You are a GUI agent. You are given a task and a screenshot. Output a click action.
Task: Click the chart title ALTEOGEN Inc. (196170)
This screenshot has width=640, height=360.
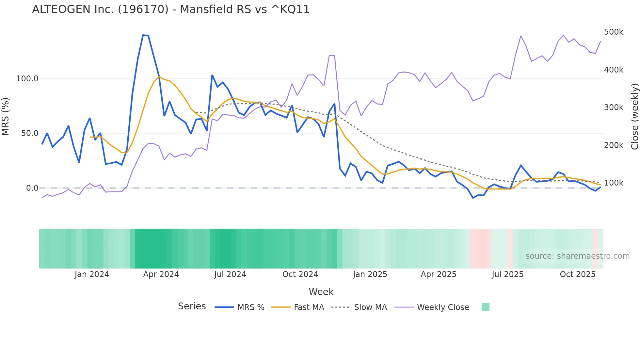[x=170, y=9]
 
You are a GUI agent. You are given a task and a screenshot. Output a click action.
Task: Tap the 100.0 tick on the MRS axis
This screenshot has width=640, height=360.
[x=27, y=79]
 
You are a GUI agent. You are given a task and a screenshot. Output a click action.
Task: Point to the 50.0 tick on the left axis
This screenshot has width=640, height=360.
[x=30, y=133]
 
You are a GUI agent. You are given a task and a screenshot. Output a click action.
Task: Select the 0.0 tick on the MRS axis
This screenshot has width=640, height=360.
[x=32, y=188]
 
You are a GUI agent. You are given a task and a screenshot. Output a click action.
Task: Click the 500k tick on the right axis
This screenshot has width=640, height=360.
[x=614, y=32]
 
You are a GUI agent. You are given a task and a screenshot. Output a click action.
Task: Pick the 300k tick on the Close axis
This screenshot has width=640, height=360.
[x=614, y=107]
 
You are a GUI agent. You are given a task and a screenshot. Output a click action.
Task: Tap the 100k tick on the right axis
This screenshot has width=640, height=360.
[x=614, y=183]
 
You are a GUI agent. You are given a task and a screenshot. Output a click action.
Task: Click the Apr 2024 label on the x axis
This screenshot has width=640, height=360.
[x=161, y=274]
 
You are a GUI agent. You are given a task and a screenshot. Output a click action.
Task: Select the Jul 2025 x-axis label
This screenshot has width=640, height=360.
[x=507, y=274]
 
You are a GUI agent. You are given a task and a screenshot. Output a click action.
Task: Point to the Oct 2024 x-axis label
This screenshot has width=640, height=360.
[x=300, y=274]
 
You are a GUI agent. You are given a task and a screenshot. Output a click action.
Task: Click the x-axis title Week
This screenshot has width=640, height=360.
[x=321, y=292]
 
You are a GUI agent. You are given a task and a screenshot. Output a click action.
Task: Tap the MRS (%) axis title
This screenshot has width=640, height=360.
[x=6, y=116]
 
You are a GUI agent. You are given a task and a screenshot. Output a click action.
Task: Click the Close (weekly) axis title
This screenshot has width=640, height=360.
[x=634, y=116]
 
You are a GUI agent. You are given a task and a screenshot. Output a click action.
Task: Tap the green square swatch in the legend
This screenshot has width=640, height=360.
[x=485, y=307]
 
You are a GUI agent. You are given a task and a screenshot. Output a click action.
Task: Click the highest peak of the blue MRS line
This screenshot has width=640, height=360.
[x=143, y=35]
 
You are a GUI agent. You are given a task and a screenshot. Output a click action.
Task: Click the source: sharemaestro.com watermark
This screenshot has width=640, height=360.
[x=577, y=256]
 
